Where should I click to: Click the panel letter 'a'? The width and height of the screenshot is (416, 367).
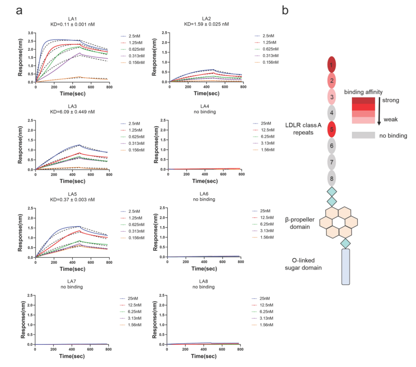click(x=19, y=10)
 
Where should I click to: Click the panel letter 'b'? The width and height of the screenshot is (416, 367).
click(x=285, y=10)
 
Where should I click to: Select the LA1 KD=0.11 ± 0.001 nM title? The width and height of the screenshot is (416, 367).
click(x=72, y=21)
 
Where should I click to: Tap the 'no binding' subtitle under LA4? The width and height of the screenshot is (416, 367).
click(x=205, y=112)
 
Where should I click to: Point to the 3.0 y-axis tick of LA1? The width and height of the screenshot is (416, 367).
click(x=31, y=33)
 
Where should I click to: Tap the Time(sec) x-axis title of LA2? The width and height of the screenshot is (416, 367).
click(x=205, y=94)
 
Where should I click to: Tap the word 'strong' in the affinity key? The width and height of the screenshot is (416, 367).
click(x=391, y=100)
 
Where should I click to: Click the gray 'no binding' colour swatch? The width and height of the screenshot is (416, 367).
click(x=363, y=135)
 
